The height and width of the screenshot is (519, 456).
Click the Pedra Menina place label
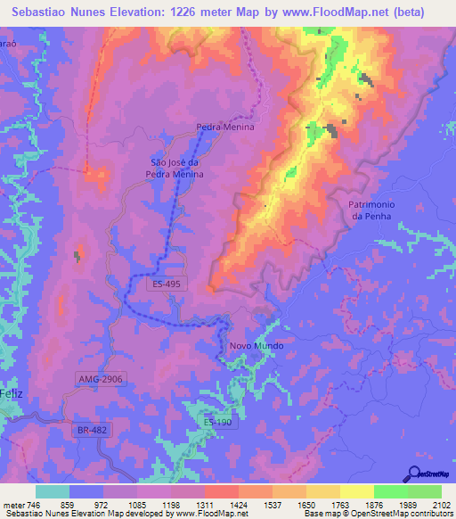coord(225,128)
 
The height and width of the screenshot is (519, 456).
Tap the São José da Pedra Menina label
coord(177,168)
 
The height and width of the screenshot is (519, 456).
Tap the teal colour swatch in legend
coord(53,491)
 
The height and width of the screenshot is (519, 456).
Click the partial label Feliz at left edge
coord(11,393)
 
